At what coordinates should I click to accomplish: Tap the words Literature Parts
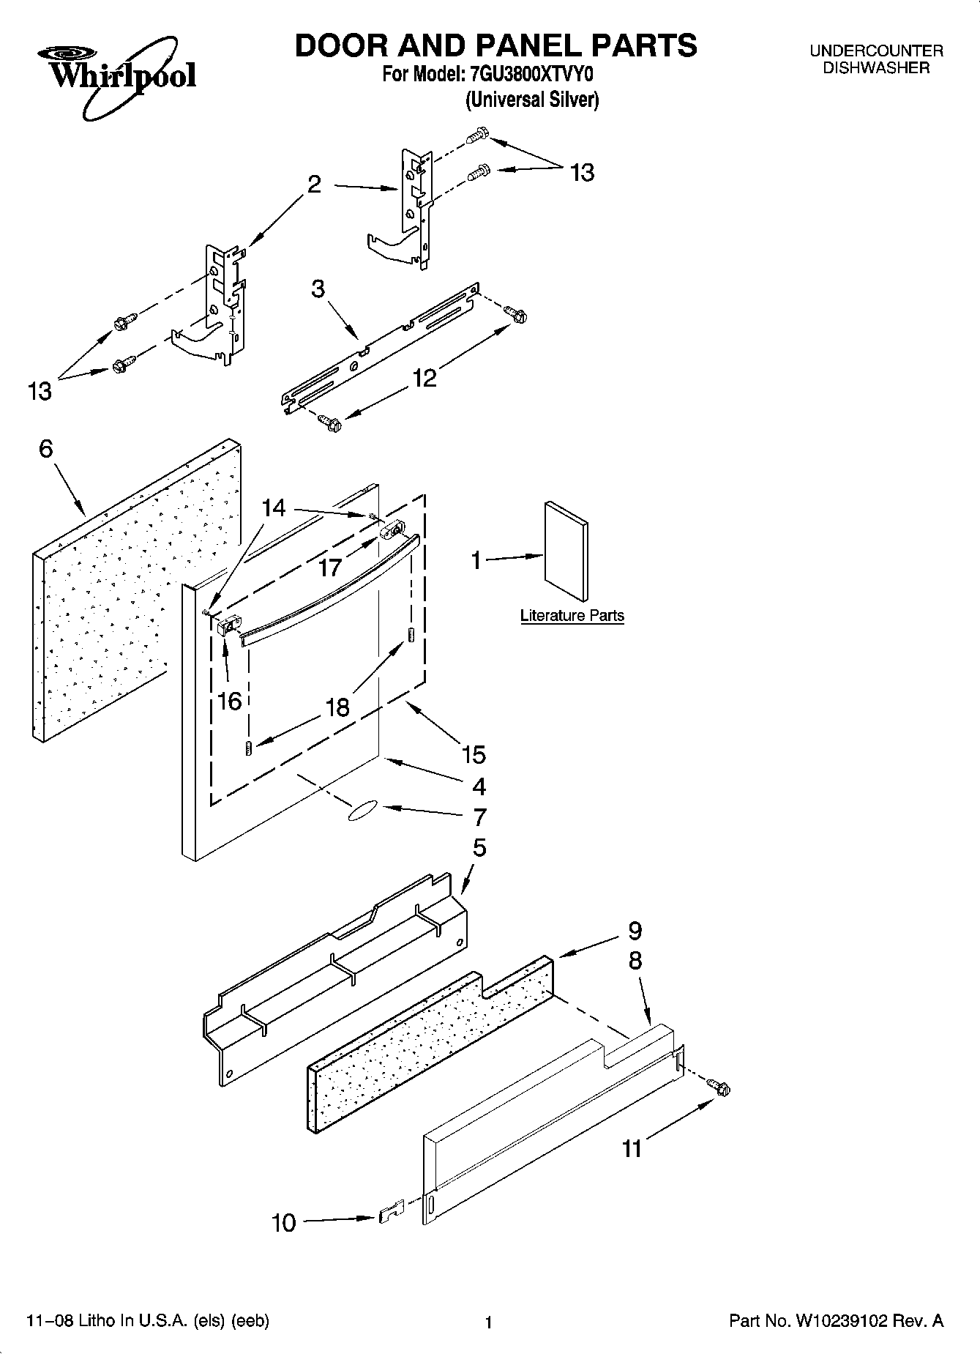pyautogui.click(x=572, y=615)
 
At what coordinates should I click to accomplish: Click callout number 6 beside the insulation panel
pyautogui.click(x=46, y=449)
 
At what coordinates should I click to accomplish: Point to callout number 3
pyautogui.click(x=318, y=289)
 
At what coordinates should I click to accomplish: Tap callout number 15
pyautogui.click(x=474, y=754)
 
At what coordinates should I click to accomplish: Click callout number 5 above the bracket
pyautogui.click(x=479, y=848)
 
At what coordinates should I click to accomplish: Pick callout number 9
pyautogui.click(x=635, y=931)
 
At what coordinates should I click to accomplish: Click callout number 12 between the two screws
pyautogui.click(x=424, y=378)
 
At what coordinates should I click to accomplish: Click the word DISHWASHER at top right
pyautogui.click(x=876, y=68)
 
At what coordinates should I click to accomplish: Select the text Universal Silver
pyautogui.click(x=532, y=100)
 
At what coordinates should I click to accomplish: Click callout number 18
pyautogui.click(x=337, y=707)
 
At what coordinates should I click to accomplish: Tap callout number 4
pyautogui.click(x=479, y=786)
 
